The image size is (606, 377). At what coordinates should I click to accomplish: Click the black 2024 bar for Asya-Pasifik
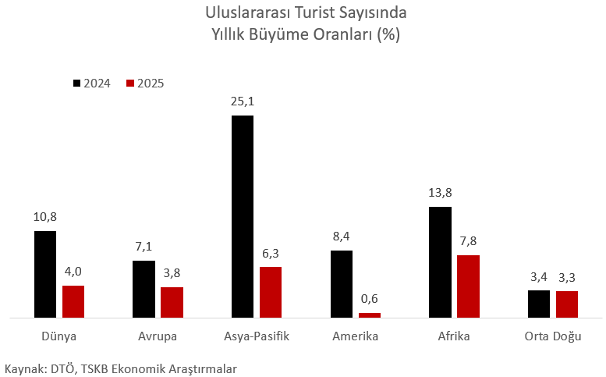pos(242,216)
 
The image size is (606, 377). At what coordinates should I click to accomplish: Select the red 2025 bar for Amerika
pos(370,315)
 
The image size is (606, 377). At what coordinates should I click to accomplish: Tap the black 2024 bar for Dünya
pos(45,274)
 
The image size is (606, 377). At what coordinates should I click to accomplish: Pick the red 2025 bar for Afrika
pos(468,286)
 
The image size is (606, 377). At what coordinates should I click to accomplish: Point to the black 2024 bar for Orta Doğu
pos(538,304)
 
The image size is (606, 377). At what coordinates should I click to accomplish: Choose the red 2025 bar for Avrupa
pos(172,302)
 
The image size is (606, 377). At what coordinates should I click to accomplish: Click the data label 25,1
pos(242,101)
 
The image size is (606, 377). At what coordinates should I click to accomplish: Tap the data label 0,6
pos(370,299)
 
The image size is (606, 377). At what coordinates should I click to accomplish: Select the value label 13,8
pos(440,193)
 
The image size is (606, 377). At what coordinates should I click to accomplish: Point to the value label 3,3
pos(567,277)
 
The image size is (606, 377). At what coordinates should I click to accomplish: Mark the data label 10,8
pos(45,217)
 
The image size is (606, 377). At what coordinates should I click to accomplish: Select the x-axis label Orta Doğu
pos(552,336)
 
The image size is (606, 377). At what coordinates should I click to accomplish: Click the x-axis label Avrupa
pos(158,336)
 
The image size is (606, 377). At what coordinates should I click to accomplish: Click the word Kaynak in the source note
pos(23,367)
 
